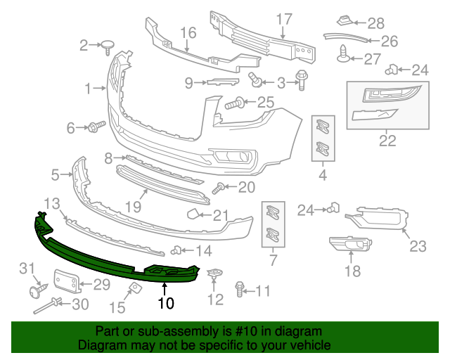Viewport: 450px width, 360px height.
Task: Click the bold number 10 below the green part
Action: click(165, 304)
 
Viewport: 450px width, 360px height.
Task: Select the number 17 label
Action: click(283, 20)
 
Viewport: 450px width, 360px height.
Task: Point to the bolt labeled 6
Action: click(94, 127)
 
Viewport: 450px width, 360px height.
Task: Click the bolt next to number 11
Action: click(240, 290)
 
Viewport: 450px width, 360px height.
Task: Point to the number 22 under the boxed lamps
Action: click(387, 141)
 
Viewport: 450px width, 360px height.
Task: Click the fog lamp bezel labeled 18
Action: click(349, 245)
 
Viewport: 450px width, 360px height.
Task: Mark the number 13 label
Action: click(51, 203)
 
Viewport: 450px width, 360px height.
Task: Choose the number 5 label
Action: click(56, 173)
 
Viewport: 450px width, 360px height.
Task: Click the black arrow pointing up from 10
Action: click(165, 288)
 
